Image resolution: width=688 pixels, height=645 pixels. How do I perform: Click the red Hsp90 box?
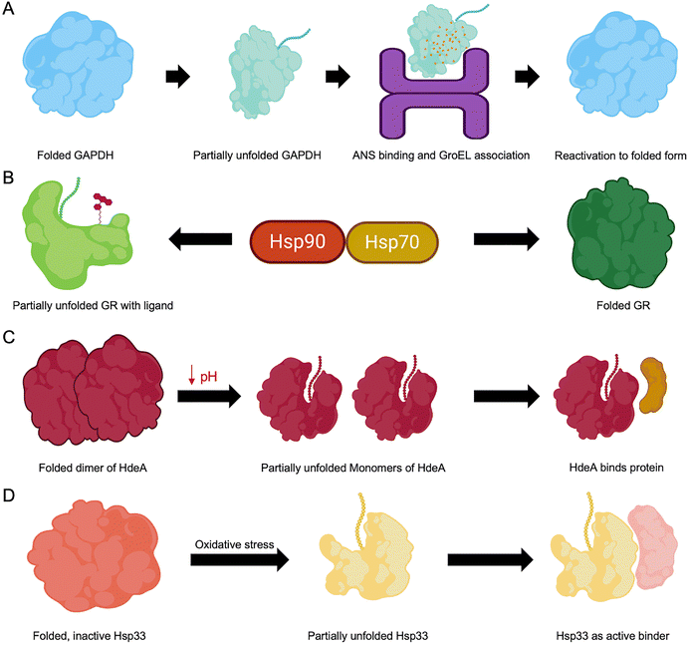pyautogui.click(x=297, y=241)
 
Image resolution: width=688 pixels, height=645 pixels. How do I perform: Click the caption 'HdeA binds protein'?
pyautogui.click(x=605, y=467)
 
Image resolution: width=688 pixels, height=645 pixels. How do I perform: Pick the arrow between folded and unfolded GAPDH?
pyautogui.click(x=177, y=76)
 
